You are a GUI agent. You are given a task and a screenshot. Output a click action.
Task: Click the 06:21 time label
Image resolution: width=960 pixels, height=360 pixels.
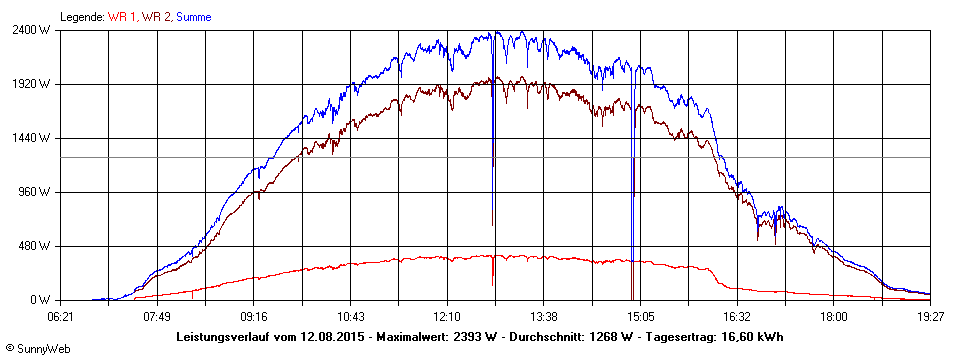61,316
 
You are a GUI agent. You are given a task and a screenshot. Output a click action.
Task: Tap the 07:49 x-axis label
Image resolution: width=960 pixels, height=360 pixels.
157,316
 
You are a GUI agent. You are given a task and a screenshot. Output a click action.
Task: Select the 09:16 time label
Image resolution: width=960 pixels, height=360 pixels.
254,316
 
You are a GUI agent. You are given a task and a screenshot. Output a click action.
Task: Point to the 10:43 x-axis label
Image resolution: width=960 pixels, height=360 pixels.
350,316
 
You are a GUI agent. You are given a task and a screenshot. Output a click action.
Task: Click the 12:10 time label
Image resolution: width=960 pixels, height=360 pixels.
447,316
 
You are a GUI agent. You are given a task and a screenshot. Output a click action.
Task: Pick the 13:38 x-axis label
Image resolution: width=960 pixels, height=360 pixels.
543,316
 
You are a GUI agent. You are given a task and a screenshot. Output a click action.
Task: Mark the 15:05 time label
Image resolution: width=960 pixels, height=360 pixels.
640,316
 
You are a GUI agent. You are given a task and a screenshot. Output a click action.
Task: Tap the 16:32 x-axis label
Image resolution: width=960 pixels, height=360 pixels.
737,316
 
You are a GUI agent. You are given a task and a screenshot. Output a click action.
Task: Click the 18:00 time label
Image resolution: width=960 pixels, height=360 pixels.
833,316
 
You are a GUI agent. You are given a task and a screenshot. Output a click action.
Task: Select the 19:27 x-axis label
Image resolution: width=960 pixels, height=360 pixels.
930,316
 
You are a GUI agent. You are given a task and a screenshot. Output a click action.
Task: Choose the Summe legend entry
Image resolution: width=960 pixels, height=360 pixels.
193,17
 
